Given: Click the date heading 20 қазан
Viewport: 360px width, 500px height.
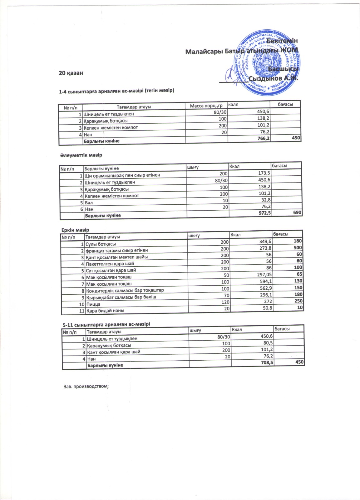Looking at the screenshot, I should point(71,73).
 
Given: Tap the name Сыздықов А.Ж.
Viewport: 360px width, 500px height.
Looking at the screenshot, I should point(273,78).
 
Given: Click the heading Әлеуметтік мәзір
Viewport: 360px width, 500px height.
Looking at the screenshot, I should point(81,155).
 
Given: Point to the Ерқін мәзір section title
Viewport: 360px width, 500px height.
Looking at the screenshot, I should point(75,230).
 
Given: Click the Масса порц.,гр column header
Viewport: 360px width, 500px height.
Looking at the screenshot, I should point(206,106).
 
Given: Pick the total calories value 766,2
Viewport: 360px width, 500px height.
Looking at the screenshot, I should point(264,138).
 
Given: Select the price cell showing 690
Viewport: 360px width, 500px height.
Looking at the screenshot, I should point(297,212).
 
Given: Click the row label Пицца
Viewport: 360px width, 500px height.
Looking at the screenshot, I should point(93,304).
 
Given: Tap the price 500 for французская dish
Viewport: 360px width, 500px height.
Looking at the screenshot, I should point(298,248).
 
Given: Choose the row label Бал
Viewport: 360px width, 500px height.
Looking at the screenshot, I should point(89,202).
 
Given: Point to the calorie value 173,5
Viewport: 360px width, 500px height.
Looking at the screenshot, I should point(264,173).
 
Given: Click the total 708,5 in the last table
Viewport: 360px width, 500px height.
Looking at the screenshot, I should point(267,362).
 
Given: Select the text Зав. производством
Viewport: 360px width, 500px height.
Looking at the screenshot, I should point(86,386).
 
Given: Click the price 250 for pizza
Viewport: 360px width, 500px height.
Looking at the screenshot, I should point(298,301).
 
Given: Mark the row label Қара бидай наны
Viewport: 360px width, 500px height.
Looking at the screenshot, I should point(105,311).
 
